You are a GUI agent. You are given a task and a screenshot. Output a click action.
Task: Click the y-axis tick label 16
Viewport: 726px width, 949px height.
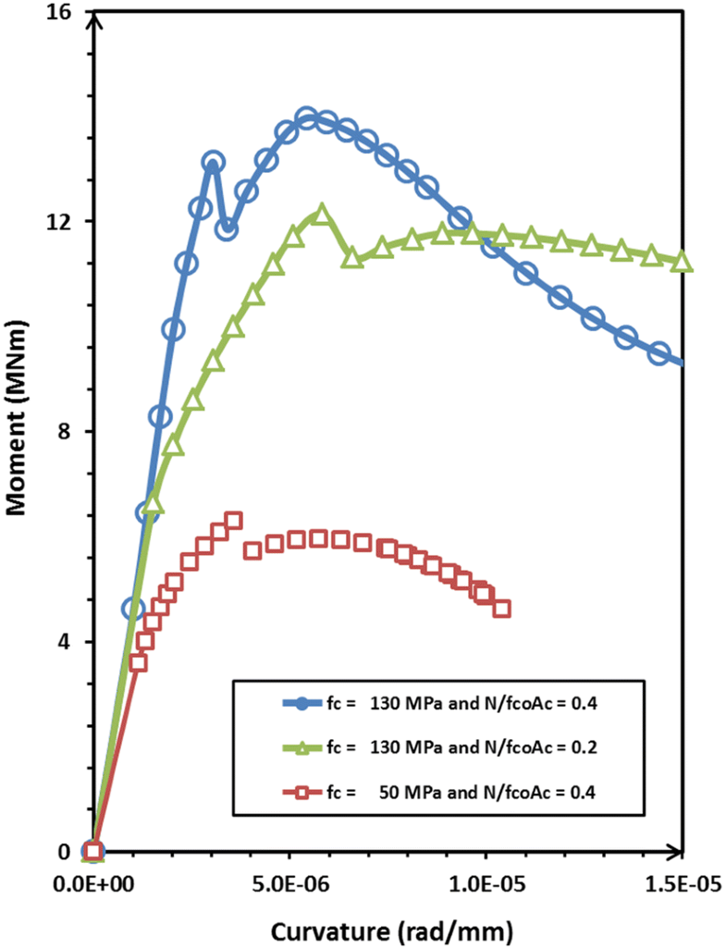coord(68,12)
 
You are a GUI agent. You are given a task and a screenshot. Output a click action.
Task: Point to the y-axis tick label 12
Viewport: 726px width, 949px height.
coord(68,222)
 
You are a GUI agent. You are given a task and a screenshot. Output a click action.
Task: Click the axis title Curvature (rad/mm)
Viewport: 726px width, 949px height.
coord(387,927)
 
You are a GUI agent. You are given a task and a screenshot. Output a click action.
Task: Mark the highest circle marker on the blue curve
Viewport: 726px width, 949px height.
coord(308,118)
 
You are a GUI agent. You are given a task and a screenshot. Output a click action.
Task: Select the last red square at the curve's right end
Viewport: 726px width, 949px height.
coord(501,609)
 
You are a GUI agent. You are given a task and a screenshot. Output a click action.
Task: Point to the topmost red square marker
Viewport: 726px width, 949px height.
coord(233,522)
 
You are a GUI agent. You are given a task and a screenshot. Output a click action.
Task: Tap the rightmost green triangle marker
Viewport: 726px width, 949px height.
coord(682,262)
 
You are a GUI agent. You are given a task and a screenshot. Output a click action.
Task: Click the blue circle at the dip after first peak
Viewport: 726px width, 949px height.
coord(228,228)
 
